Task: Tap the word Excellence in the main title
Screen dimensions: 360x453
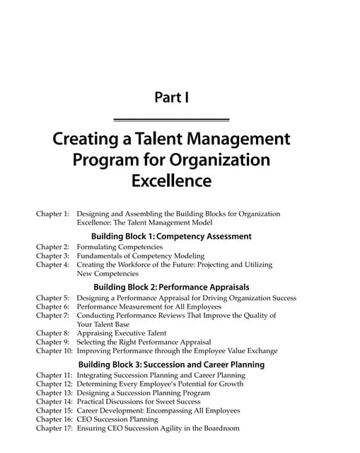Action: click(x=171, y=181)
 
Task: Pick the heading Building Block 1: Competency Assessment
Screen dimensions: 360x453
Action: click(x=171, y=236)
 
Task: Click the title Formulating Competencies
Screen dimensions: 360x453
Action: click(x=120, y=247)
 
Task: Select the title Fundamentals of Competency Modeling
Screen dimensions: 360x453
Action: click(x=141, y=256)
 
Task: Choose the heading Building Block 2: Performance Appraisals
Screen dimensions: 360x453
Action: click(x=171, y=287)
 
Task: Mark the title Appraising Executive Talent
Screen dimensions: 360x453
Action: click(x=122, y=333)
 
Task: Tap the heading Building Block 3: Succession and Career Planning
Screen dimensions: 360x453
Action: click(x=171, y=365)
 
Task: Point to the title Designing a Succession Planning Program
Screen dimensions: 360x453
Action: click(x=144, y=393)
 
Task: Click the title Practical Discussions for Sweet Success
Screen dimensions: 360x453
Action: click(x=140, y=401)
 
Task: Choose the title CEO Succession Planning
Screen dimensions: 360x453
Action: click(x=117, y=419)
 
